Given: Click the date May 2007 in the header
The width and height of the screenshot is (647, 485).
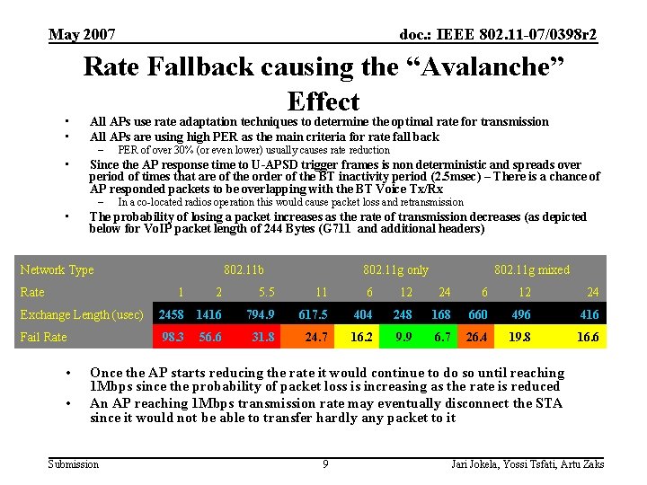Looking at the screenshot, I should [x=82, y=35].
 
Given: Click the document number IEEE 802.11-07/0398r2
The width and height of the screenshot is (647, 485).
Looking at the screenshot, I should [x=498, y=35].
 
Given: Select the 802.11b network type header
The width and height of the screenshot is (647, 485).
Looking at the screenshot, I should [x=244, y=269].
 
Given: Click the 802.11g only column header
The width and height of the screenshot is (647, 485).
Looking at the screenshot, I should [x=395, y=269].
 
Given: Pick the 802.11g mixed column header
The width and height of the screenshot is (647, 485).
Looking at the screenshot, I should [x=532, y=269].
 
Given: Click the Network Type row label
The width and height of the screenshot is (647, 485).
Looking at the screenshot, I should [x=57, y=269].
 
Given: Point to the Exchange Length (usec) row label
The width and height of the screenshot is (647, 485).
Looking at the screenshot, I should [x=82, y=314].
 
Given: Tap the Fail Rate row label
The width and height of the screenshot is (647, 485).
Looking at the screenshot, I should [x=43, y=337].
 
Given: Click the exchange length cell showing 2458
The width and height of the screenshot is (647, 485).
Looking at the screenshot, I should [x=171, y=314].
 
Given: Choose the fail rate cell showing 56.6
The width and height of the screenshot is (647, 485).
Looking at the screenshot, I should [x=210, y=337].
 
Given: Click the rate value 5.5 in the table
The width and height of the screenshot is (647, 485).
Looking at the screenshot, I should [x=266, y=292].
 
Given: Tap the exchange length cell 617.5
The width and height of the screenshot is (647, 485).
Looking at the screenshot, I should [x=313, y=314].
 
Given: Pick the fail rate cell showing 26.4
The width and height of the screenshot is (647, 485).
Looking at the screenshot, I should [x=477, y=337].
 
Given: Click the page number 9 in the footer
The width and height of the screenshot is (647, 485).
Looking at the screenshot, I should [x=325, y=463].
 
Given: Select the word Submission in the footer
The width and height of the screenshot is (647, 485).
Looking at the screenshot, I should [x=74, y=463].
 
